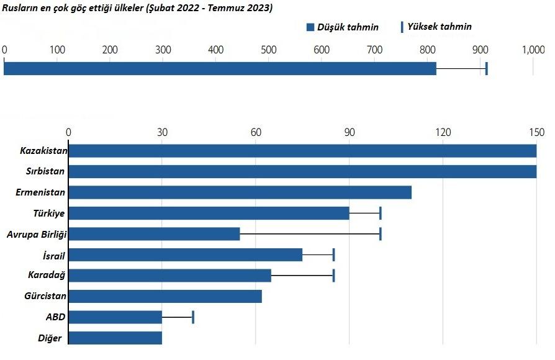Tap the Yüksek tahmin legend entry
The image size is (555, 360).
coord(436,27)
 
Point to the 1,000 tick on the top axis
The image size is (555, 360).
coord(534,50)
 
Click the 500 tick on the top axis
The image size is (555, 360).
coord(269,50)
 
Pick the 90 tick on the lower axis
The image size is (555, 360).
coord(350,132)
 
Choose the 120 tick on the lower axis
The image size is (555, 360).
coord(443,132)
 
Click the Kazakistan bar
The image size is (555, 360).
coord(302,151)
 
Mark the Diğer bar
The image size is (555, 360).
coord(115,338)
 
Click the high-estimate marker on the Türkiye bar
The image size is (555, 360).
coord(380,213)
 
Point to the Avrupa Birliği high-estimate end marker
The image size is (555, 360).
coord(380,234)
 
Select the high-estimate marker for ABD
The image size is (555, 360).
coord(193,317)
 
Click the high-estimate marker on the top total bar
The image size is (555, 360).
coord(486,68)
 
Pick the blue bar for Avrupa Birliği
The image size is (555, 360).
coord(154,234)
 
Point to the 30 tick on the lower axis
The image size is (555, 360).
coord(162,132)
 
